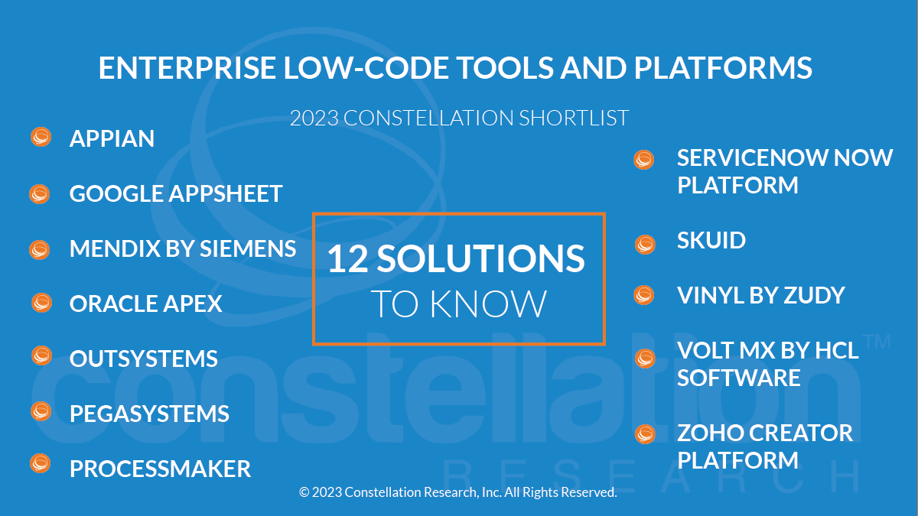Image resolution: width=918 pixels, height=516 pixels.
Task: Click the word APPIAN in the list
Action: (x=112, y=138)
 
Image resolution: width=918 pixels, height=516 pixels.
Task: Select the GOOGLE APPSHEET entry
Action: (x=176, y=193)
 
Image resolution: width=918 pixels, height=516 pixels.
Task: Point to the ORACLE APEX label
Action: (x=146, y=304)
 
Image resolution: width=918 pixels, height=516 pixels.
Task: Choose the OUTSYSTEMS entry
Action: (x=144, y=359)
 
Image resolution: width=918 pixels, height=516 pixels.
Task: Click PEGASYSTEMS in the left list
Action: (x=149, y=414)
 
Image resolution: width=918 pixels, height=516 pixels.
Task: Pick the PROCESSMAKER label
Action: (x=160, y=469)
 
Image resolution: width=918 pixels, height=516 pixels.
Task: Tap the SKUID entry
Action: (x=711, y=240)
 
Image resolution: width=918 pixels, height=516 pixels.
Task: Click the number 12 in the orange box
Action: (x=348, y=259)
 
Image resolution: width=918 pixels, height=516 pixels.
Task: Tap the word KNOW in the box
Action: (x=488, y=304)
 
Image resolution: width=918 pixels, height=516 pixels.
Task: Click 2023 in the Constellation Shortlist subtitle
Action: (x=314, y=118)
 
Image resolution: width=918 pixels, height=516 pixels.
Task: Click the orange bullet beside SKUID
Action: (x=645, y=245)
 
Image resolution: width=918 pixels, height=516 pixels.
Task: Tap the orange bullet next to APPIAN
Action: (x=41, y=137)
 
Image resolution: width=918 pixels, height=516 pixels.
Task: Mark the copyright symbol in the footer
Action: (x=304, y=492)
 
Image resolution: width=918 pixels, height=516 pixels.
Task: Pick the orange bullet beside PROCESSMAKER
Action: (x=40, y=463)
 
